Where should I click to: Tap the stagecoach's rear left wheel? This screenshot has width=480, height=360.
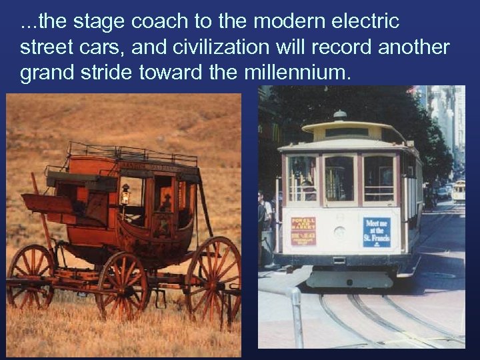click(x=31, y=277)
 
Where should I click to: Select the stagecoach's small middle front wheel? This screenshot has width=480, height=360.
click(x=124, y=285)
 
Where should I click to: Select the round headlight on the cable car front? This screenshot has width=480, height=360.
click(x=340, y=233)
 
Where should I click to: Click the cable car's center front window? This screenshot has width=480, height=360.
click(x=339, y=178)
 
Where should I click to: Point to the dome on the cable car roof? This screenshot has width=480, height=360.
click(x=340, y=115)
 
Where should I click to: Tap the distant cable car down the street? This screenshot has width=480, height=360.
click(x=458, y=191)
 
